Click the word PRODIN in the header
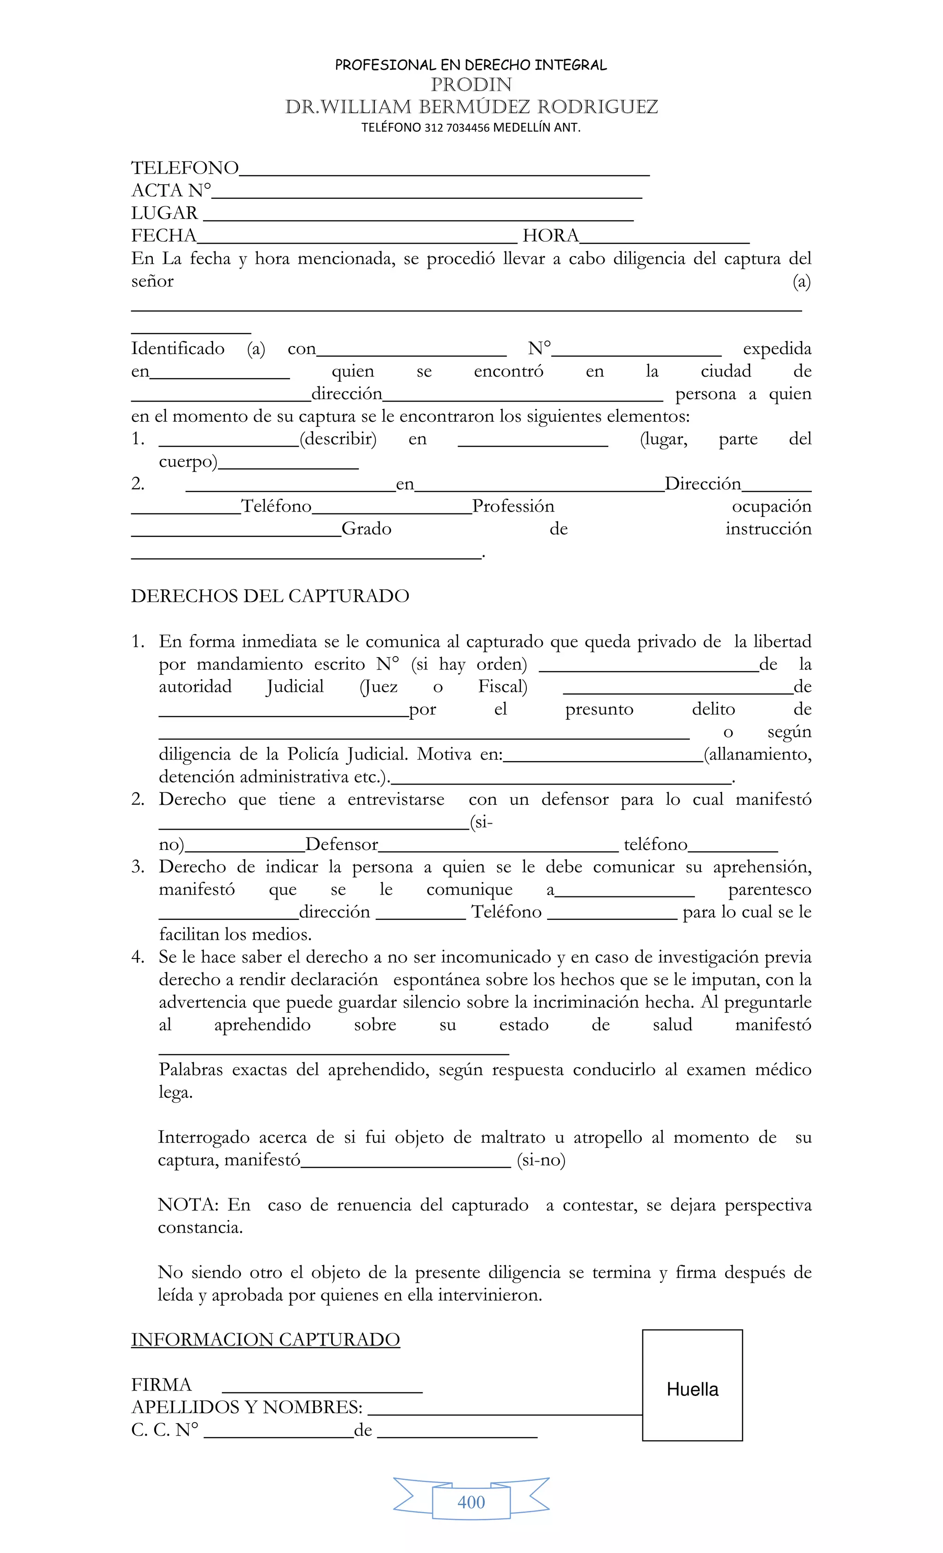pos(471,84)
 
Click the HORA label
pos(550,236)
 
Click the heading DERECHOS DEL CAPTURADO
pos(270,596)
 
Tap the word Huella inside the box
pos(692,1389)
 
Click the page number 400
pos(471,1502)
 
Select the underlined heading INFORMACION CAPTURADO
pos(265,1339)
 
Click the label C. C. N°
pos(164,1430)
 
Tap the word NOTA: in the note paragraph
pos(188,1205)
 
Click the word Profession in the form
pos(513,506)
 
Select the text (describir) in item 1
pos(338,439)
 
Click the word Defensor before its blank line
pos(342,844)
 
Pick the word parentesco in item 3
pos(769,890)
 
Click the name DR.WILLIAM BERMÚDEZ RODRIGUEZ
pos(471,107)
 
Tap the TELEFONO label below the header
pos(185,168)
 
